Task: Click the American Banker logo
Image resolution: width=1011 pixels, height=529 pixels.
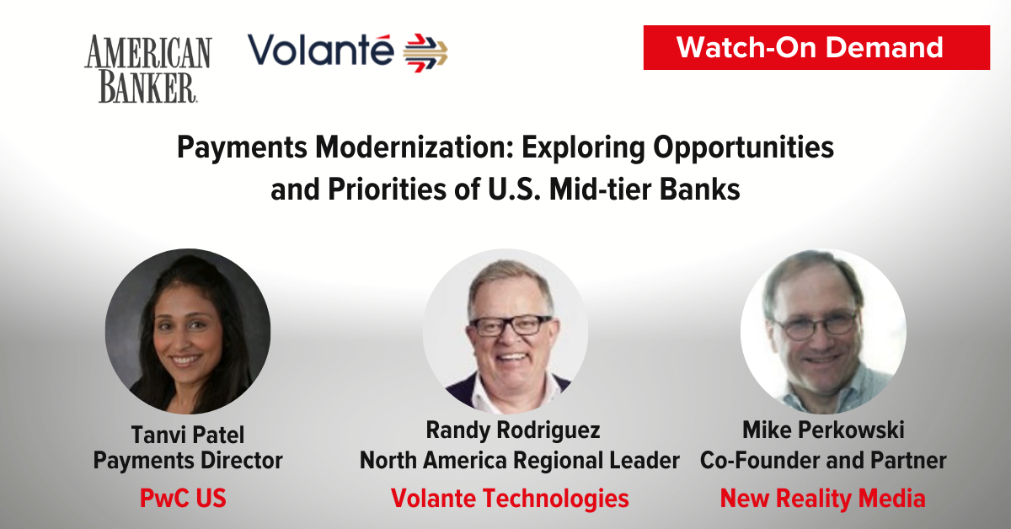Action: (148, 69)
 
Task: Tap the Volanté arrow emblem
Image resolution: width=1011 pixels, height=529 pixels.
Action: (425, 53)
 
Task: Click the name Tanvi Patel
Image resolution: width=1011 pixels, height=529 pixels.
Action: (188, 435)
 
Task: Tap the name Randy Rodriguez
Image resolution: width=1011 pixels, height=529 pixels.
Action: (513, 430)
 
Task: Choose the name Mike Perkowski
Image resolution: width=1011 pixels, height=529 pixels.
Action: (823, 430)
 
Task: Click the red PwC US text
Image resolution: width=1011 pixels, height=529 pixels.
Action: (183, 499)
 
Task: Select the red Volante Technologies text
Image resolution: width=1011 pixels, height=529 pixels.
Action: (510, 499)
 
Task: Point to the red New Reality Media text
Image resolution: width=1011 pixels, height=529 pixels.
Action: (823, 499)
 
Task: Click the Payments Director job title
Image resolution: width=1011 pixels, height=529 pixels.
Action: (188, 461)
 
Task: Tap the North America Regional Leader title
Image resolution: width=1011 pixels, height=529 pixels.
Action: (520, 461)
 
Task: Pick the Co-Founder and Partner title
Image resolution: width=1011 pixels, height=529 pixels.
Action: (823, 461)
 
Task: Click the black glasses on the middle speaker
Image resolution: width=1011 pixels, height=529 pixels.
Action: (510, 325)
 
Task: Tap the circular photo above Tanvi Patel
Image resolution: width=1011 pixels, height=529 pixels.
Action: (188, 331)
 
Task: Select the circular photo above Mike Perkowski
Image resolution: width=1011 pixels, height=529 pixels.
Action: (823, 331)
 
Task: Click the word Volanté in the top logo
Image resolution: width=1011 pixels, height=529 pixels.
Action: (321, 50)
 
